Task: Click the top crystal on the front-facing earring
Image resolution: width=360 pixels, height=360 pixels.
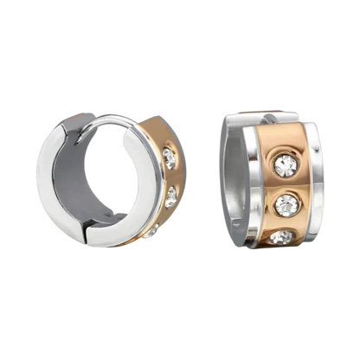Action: pyautogui.click(x=284, y=162)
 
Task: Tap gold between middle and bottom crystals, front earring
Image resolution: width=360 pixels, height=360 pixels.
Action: pyautogui.click(x=285, y=222)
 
